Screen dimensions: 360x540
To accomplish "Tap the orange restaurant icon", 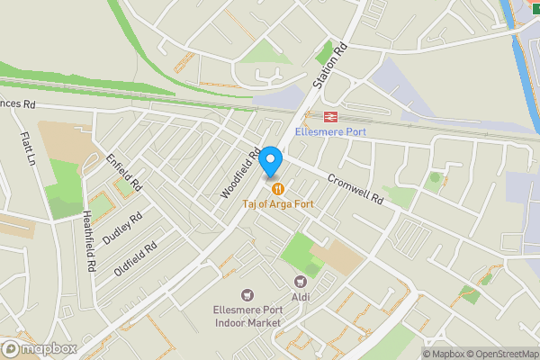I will (278, 189).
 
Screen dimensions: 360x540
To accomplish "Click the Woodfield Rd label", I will (240, 173).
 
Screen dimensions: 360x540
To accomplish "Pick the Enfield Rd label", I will (124, 172).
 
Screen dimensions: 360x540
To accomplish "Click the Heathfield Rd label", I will (88, 241).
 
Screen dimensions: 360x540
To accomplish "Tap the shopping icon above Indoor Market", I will (247, 295).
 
